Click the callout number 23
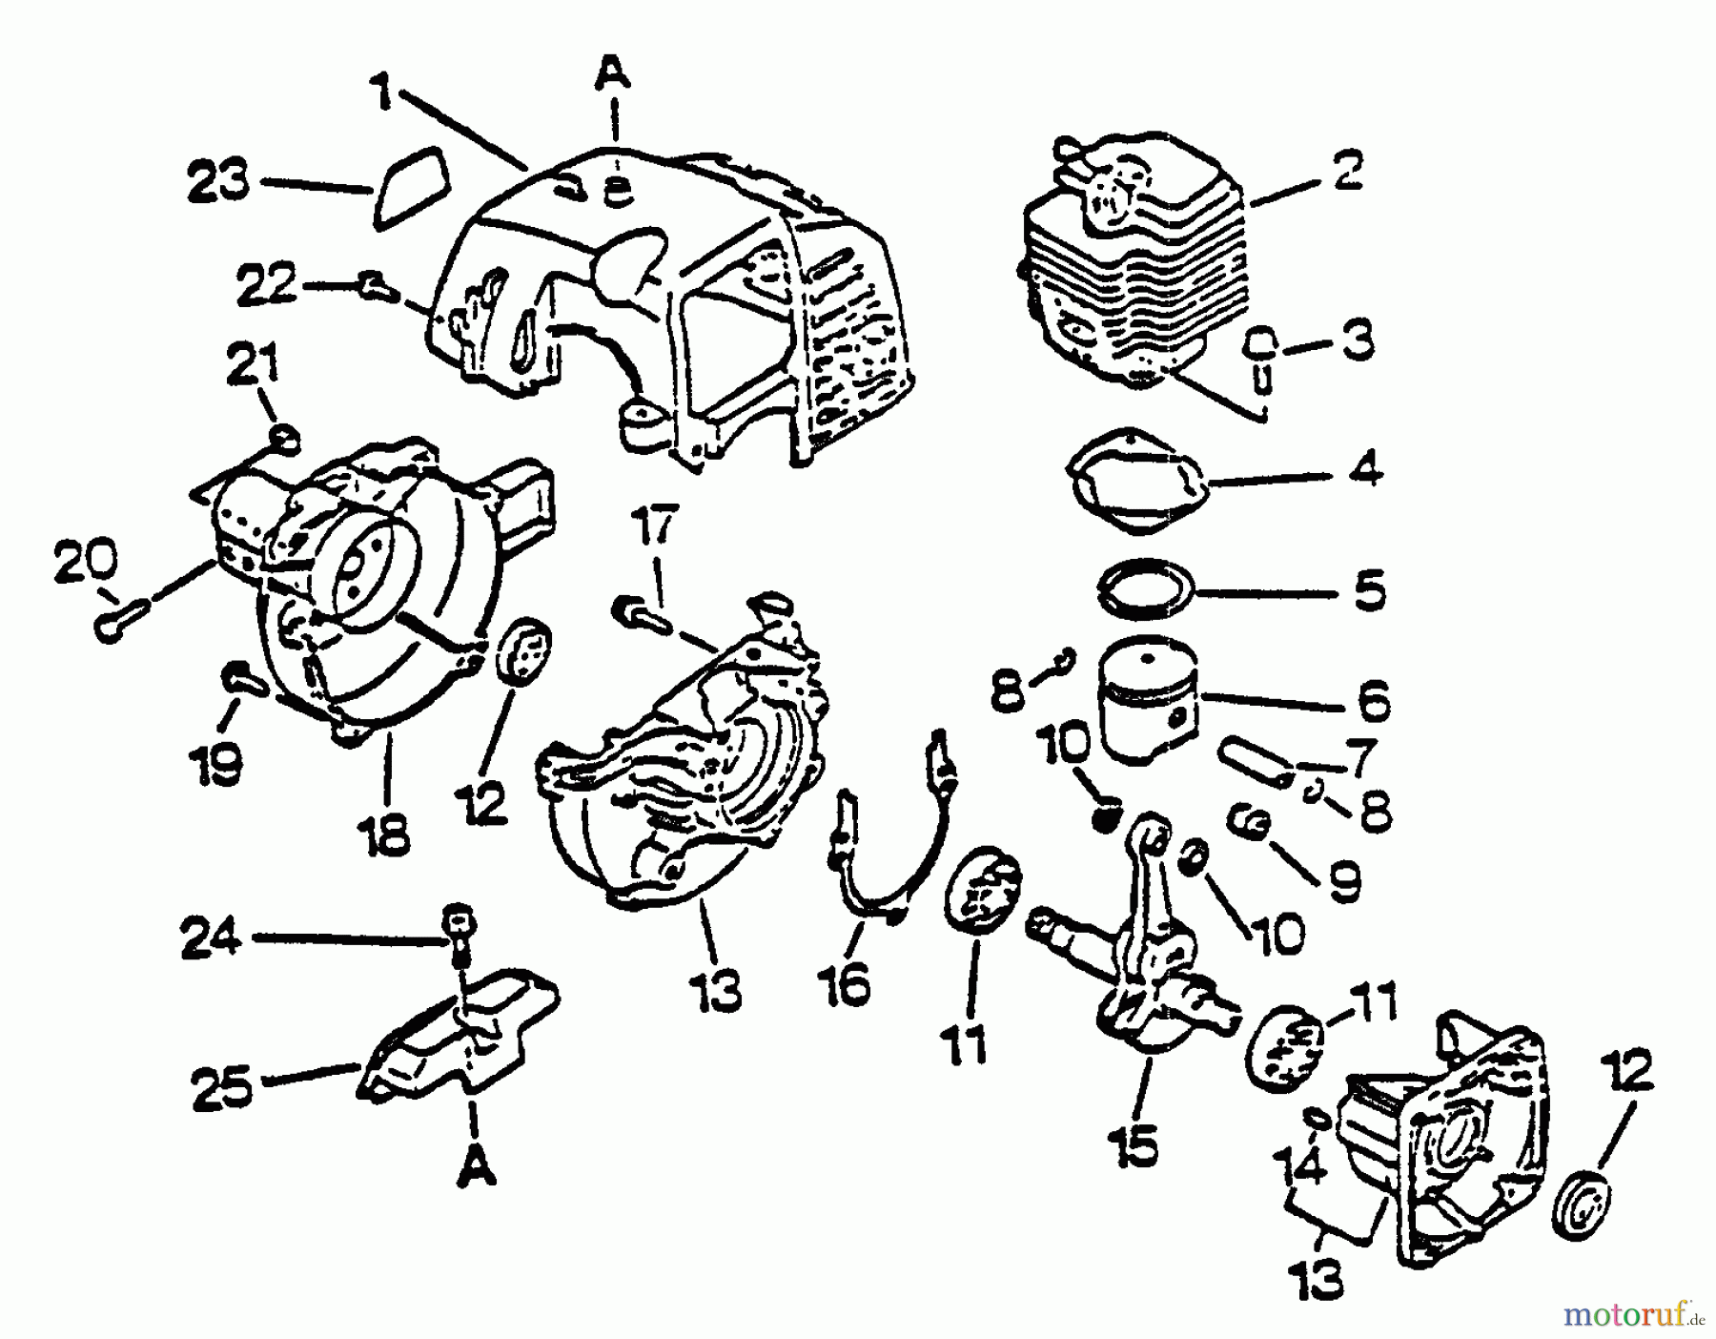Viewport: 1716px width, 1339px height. [x=218, y=182]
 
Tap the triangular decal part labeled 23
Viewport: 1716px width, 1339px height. [x=408, y=187]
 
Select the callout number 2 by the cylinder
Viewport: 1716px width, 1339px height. [x=1347, y=172]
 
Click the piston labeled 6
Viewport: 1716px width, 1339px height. [x=1148, y=702]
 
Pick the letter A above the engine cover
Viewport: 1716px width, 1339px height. [x=615, y=73]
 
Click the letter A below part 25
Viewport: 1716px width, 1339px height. [x=475, y=1167]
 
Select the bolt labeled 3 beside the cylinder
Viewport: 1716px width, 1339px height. [x=1260, y=358]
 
